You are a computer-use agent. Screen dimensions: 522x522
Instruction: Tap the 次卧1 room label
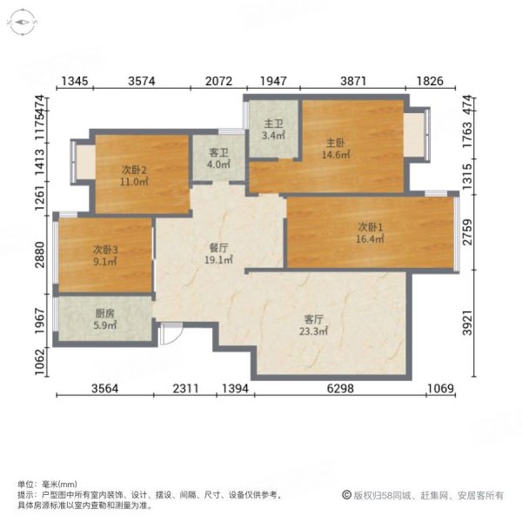370,227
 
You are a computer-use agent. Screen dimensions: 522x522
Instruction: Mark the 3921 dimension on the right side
470,324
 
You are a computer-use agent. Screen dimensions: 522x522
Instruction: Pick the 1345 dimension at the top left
74,82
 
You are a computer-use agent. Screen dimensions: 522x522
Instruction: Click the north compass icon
23,23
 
